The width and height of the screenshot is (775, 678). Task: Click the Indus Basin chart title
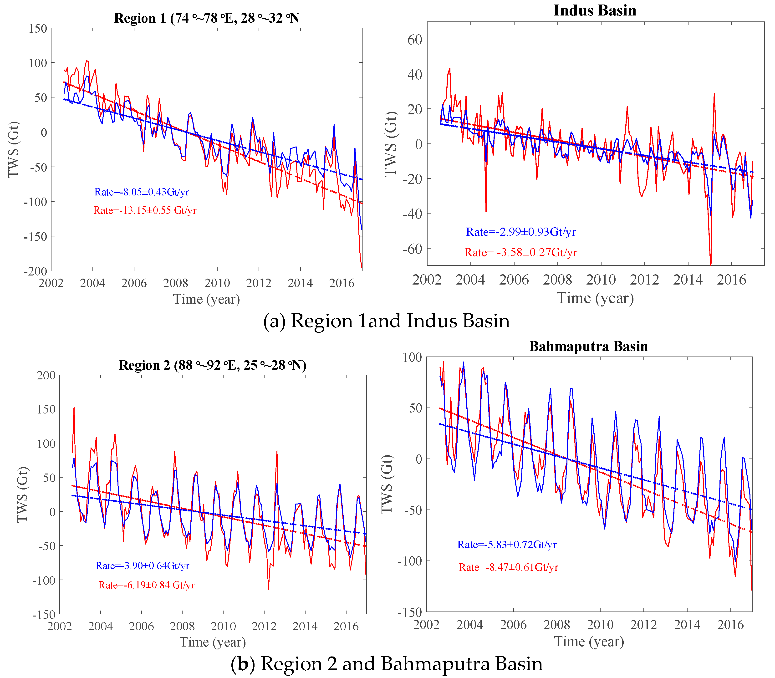pyautogui.click(x=595, y=10)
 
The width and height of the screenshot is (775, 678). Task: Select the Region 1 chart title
pyautogui.click(x=207, y=18)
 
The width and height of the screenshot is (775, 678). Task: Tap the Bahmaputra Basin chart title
pyautogui.click(x=588, y=347)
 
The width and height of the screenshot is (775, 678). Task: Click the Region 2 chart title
pyautogui.click(x=212, y=365)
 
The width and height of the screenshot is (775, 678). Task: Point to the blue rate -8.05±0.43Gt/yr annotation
pyautogui.click(x=142, y=192)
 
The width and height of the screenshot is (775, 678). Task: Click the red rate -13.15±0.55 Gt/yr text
pyautogui.click(x=145, y=210)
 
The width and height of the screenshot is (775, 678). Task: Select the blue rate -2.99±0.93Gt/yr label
pyautogui.click(x=521, y=232)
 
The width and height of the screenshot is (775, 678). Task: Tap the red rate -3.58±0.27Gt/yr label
pyautogui.click(x=521, y=252)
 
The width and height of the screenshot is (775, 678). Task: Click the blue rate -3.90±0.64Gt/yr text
pyautogui.click(x=142, y=566)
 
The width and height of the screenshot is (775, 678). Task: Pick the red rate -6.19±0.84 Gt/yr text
pyautogui.click(x=147, y=585)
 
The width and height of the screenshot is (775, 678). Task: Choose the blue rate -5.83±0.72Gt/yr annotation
pyautogui.click(x=507, y=545)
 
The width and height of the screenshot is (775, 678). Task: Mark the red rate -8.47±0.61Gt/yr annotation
pyautogui.click(x=508, y=567)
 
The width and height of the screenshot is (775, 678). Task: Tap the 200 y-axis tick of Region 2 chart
pyautogui.click(x=46, y=375)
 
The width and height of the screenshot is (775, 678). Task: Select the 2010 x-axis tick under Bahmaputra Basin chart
pyautogui.click(x=600, y=624)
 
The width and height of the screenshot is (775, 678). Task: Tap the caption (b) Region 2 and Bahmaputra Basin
pyautogui.click(x=386, y=664)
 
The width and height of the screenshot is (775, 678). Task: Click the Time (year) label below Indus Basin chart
pyautogui.click(x=595, y=298)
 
